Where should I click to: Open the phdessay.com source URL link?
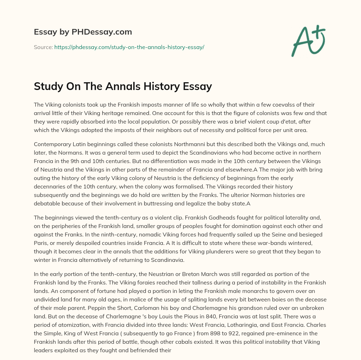[x=129, y=47]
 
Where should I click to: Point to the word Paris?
[x=41, y=243]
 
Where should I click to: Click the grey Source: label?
[x=43, y=47]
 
